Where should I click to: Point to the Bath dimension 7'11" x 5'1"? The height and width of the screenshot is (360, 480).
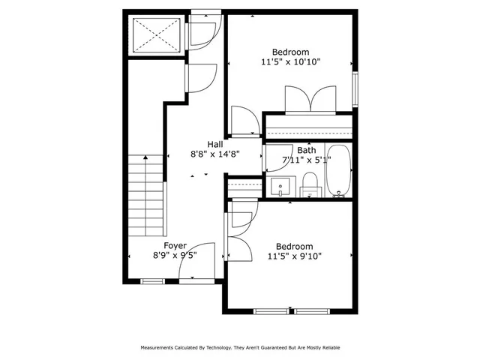[306, 160]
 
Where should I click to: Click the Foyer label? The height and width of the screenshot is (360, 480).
[175, 245]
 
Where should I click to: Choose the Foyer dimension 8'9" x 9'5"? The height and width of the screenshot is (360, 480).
[175, 256]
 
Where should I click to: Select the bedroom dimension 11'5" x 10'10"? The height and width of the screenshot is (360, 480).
[290, 62]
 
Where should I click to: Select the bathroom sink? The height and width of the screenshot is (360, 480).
[280, 186]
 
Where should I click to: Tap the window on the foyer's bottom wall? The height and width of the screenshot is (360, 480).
[153, 281]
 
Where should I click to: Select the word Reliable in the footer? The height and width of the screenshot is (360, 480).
[328, 349]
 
